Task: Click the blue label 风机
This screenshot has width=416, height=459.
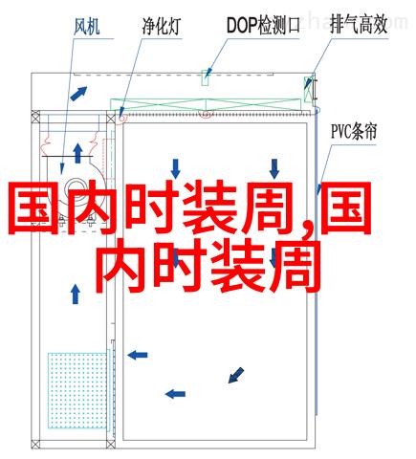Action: point(87,27)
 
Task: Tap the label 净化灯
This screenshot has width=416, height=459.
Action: point(162,27)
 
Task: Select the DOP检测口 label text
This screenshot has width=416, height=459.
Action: point(264,25)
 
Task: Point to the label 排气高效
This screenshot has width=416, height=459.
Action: point(359,25)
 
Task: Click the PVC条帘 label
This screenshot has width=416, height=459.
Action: point(354,131)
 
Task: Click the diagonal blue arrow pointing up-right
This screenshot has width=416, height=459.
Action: point(78,94)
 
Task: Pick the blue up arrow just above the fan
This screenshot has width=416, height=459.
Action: point(77,153)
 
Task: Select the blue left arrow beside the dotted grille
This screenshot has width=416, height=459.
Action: point(138,355)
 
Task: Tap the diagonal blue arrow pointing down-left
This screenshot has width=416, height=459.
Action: point(236,375)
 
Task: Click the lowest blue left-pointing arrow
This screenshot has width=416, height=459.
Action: point(175,394)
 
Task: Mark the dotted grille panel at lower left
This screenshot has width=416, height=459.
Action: point(77,390)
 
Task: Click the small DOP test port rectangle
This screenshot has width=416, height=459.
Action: point(206,77)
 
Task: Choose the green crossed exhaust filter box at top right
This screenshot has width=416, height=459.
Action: point(308,89)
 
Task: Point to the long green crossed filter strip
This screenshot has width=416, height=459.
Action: point(206,105)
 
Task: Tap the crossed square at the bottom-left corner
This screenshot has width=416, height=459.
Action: point(35,445)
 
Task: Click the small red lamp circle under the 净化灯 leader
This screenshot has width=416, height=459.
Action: point(121,119)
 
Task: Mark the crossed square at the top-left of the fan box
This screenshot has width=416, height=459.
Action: point(35,115)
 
